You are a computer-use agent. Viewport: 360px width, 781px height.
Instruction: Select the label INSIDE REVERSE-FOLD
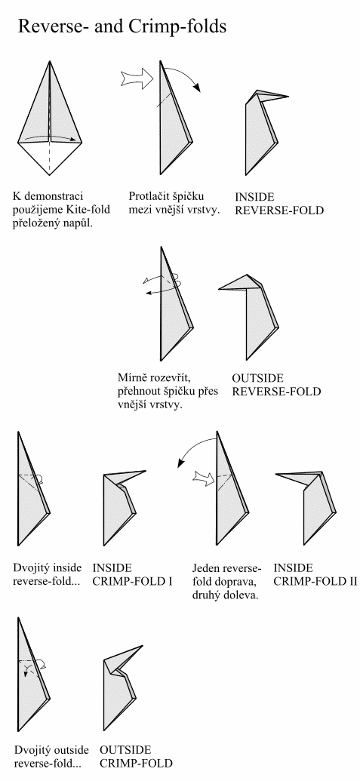tap(279, 203)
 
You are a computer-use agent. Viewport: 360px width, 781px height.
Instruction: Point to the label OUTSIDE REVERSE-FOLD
tap(276, 384)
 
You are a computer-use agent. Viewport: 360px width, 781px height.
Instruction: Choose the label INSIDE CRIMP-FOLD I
tap(132, 574)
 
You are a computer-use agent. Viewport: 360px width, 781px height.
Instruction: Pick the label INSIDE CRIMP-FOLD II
tap(315, 574)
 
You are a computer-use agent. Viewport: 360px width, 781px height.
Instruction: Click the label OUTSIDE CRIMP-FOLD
tap(136, 756)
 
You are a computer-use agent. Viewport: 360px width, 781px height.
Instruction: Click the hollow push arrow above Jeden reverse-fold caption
tap(205, 478)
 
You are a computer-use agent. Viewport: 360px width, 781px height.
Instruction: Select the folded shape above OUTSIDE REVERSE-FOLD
tap(248, 317)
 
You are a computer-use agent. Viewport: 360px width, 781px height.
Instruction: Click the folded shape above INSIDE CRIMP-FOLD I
tap(123, 508)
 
